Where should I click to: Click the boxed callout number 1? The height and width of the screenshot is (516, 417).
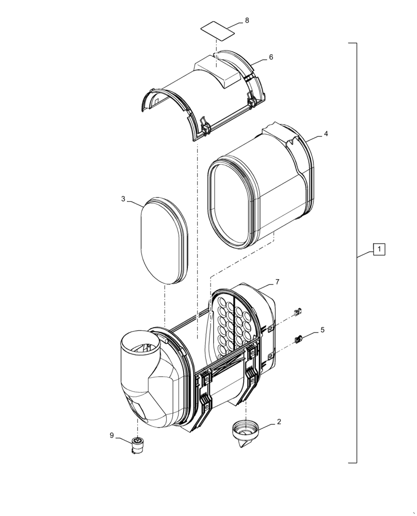click(x=379, y=250)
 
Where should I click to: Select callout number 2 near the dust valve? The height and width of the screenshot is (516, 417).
click(x=279, y=422)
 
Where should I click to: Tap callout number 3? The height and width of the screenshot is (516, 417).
click(x=123, y=199)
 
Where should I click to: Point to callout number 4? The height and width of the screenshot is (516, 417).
click(x=326, y=133)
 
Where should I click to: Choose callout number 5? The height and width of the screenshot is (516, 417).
click(x=322, y=329)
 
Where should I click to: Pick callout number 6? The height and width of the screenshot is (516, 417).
click(x=271, y=57)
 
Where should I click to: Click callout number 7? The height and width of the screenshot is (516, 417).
click(x=277, y=282)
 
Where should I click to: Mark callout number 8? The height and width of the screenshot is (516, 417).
click(x=247, y=20)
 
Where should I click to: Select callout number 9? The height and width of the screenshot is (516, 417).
click(x=111, y=436)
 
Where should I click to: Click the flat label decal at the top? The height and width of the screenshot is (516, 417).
click(x=217, y=30)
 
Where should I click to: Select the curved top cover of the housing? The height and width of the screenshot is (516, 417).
click(x=204, y=95)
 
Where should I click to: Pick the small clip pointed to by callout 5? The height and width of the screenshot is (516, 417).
click(x=298, y=339)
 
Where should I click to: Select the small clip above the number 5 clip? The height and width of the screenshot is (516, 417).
click(x=297, y=312)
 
